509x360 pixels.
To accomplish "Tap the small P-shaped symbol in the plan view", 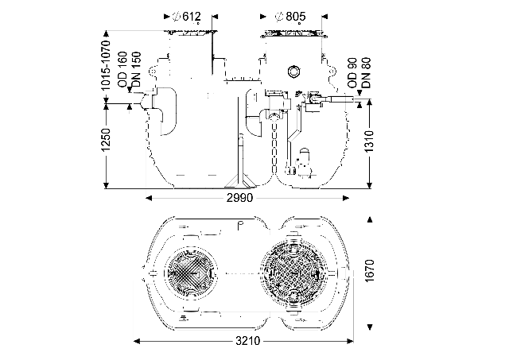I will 239,226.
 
